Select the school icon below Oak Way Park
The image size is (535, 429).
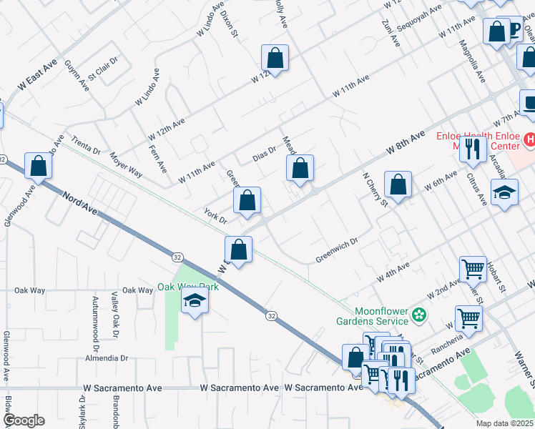(x=195, y=303)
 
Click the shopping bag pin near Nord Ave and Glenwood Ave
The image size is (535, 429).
(x=39, y=166)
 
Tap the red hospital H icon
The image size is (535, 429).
(x=529, y=139)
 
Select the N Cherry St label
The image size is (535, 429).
(x=374, y=189)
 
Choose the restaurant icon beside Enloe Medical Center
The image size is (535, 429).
(x=472, y=148)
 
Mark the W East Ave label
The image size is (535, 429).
(x=37, y=74)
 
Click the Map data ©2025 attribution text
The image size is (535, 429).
(x=504, y=423)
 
